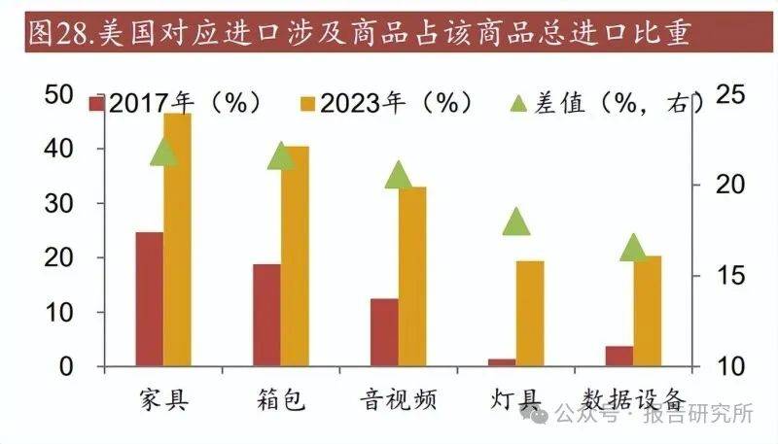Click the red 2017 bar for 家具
pos(149,299)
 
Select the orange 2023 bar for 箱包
pos(295,257)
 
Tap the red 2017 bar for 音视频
pos(384,332)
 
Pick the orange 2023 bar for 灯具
pos(530,314)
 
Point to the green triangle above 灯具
pos(516,222)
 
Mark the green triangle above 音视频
pos(398,175)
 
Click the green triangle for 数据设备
pos(633,248)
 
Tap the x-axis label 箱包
pos(281,399)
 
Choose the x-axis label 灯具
pos(516,399)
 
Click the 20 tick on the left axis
pos(60,258)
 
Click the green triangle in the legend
pos(518,103)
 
